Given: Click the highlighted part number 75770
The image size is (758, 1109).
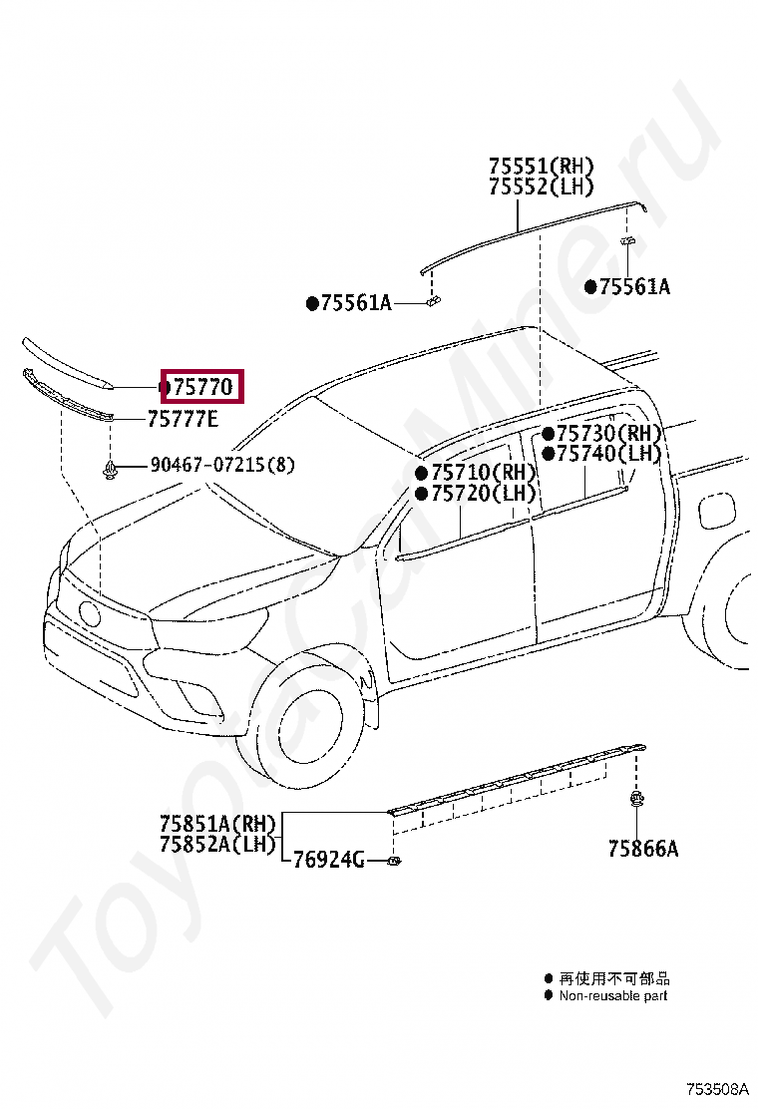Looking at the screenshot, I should [202, 386].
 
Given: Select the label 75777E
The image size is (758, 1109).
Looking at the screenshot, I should [182, 420].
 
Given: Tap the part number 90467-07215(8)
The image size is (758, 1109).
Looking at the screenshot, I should [222, 465].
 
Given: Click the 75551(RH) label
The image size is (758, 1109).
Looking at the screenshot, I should [541, 166].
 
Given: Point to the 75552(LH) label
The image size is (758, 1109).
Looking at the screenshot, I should [541, 186].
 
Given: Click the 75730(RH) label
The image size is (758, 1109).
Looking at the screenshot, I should [608, 433].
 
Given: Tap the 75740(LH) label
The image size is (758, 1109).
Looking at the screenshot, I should [608, 454].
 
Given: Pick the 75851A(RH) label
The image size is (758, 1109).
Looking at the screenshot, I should [216, 824].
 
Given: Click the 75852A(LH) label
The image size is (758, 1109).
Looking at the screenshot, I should [216, 844].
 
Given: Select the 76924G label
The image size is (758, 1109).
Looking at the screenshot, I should [328, 860].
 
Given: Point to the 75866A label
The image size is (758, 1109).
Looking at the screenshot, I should [642, 849].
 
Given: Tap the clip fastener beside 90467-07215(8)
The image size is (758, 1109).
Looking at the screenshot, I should [112, 466].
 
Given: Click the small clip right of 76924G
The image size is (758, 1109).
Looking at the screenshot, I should [395, 860].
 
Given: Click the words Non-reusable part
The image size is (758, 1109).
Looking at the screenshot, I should [612, 995].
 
